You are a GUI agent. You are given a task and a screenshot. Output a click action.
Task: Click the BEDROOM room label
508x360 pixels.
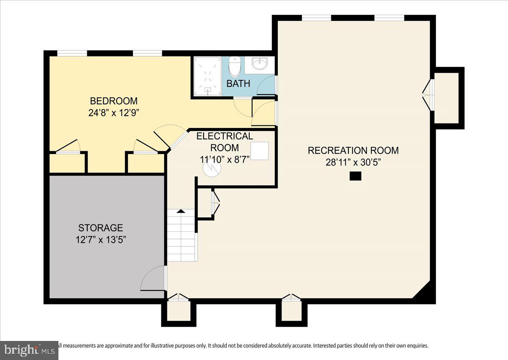tap(113, 101)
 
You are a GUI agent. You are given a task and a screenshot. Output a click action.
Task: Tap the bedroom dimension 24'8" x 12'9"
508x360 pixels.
tap(113, 113)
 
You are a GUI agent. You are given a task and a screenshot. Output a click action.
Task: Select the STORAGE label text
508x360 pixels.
tap(100, 228)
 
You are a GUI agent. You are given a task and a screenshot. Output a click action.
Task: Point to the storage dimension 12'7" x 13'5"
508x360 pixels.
tap(100, 240)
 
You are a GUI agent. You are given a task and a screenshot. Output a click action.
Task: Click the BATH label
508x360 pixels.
tap(238, 83)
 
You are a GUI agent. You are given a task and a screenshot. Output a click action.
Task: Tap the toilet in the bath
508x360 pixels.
tap(235, 66)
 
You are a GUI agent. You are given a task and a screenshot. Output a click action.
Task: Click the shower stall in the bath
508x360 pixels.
tap(207, 76)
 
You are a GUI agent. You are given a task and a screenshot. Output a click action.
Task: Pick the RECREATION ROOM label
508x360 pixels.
tap(353, 150)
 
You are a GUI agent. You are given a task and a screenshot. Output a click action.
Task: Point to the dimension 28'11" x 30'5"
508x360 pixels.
tap(353, 162)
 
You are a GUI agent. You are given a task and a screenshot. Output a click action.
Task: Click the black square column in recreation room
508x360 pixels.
tap(355, 176)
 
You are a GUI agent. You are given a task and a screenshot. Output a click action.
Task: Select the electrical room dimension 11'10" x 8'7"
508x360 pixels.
tap(225, 160)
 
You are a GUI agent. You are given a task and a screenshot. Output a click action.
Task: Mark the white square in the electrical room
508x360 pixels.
tap(260, 151)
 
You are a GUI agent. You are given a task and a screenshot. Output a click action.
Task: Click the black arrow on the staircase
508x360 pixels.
tap(181, 210)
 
